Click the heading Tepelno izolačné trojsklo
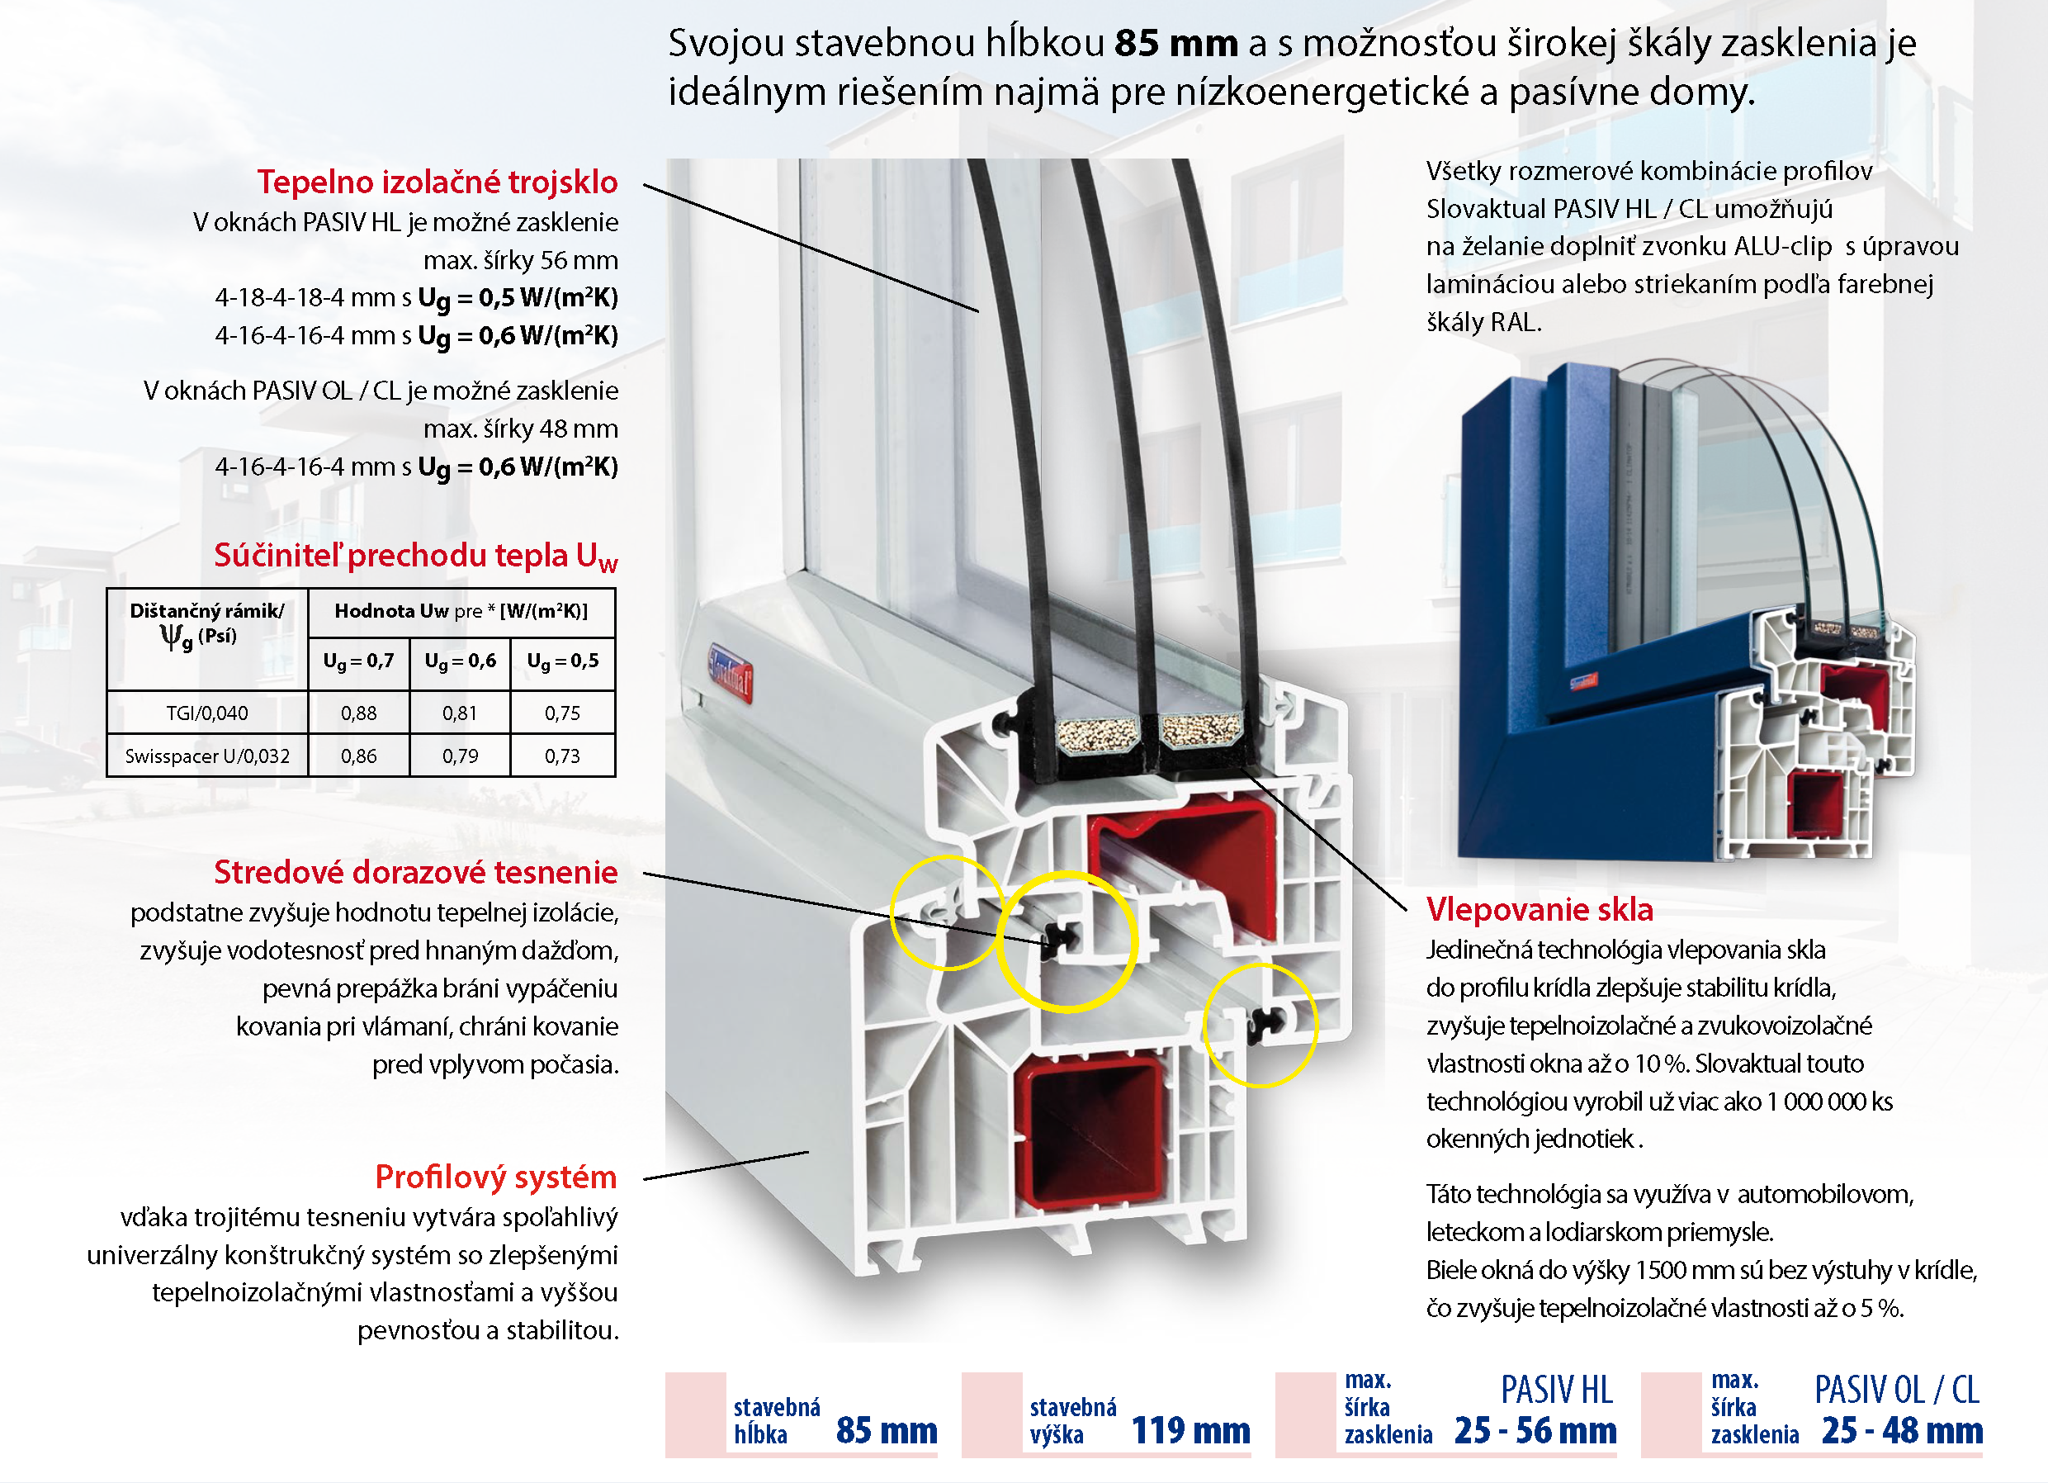click(437, 182)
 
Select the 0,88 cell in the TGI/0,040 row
click(358, 713)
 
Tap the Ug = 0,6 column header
click(460, 661)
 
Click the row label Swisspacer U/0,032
click(207, 756)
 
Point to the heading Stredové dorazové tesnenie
click(415, 873)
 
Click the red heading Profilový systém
click(496, 1177)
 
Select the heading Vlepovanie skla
click(1539, 909)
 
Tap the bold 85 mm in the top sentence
click(1175, 44)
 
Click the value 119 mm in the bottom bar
click(1190, 1429)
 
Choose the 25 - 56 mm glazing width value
click(1535, 1429)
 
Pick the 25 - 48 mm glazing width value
click(1902, 1429)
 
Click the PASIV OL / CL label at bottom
click(1896, 1390)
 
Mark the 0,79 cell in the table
click(460, 756)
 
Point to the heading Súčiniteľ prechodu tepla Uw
click(415, 557)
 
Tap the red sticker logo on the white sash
click(730, 674)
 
